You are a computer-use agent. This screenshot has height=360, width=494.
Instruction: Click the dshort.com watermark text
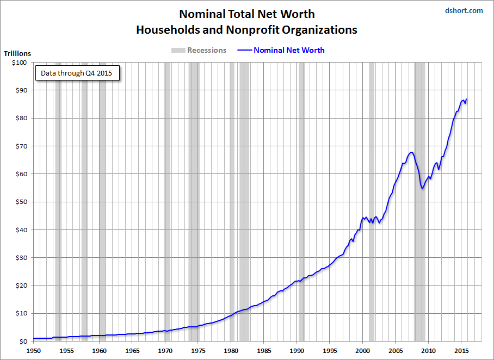[464, 10]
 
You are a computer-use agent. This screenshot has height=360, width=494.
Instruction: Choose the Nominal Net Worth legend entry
[281, 50]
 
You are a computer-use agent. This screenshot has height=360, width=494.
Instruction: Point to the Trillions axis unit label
[17, 53]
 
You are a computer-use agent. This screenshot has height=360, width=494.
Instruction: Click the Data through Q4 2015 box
[77, 73]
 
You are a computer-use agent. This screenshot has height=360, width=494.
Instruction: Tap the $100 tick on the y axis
[18, 63]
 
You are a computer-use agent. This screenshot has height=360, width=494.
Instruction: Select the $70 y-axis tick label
[20, 146]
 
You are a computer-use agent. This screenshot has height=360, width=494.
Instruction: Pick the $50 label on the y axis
[20, 202]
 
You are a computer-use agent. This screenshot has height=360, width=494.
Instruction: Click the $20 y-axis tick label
[20, 285]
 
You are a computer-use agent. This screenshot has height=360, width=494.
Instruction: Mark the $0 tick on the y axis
[22, 342]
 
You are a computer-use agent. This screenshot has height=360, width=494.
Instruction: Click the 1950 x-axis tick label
[34, 351]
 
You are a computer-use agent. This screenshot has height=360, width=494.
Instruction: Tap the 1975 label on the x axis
[198, 351]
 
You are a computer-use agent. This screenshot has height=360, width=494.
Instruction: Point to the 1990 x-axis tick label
[297, 351]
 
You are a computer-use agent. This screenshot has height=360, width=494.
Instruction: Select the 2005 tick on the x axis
[396, 351]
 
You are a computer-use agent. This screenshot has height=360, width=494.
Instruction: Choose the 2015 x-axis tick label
[461, 351]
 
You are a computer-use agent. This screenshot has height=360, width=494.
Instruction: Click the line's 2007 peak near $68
[411, 152]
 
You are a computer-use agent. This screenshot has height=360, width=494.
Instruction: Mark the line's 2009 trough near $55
[422, 189]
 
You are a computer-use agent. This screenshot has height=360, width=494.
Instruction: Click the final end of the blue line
[466, 99]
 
